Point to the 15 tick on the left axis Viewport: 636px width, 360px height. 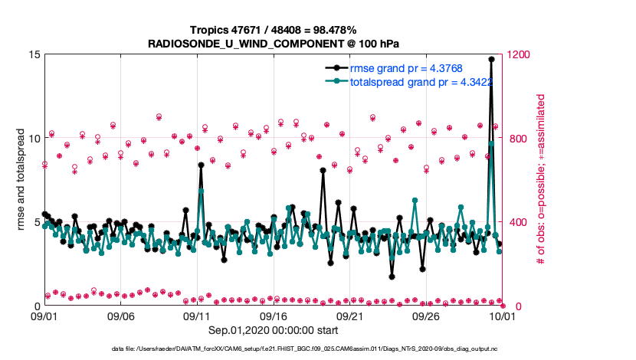[34, 54]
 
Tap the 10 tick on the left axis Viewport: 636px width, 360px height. [34, 139]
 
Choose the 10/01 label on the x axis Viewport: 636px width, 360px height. [502, 316]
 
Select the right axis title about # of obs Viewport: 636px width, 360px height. [540, 180]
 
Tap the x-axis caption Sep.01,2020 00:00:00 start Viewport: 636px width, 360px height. [272, 330]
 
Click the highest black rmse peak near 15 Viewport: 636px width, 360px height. [491, 59]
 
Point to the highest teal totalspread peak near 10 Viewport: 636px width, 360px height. [491, 143]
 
